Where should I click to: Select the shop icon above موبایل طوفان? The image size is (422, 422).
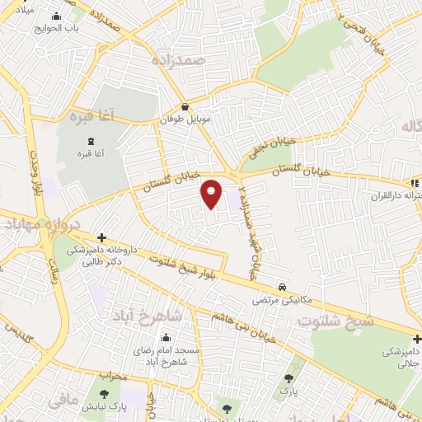coord(185,106)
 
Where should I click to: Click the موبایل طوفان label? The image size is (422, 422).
coord(185,120)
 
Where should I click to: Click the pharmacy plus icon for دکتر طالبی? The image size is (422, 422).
coord(101,237)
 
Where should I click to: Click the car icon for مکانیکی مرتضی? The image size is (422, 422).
coord(283,287)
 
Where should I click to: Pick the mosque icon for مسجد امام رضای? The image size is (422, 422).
coord(166,337)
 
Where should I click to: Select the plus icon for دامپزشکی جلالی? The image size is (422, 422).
coord(418,338)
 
